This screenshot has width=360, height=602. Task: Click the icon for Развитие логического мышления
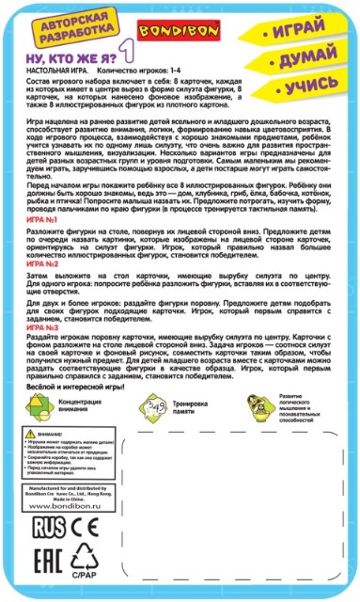(253, 436)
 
